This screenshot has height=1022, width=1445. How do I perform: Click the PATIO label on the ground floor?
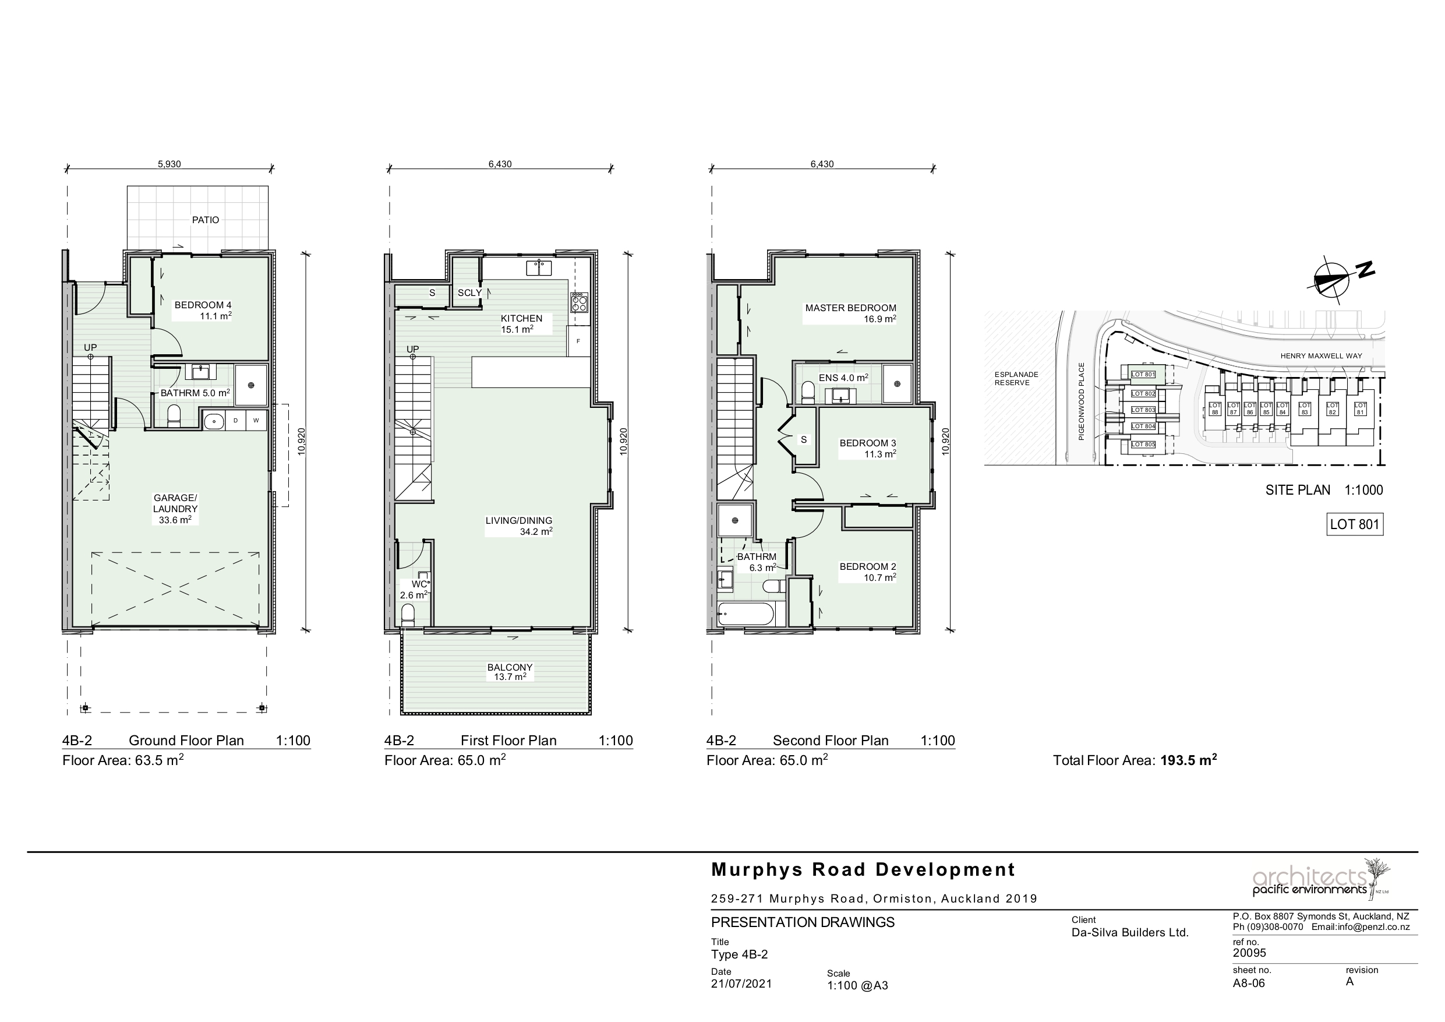[x=206, y=220]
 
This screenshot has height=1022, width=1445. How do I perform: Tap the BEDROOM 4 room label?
[x=203, y=311]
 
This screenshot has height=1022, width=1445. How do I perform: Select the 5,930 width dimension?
[x=169, y=164]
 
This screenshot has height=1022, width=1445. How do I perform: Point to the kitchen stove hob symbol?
[x=579, y=303]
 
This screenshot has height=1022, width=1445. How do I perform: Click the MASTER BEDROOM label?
[x=850, y=313]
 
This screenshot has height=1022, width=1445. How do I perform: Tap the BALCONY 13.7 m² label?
[x=510, y=672]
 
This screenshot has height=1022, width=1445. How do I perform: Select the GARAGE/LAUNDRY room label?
[x=175, y=509]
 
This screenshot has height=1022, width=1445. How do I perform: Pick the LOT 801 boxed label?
[x=1354, y=524]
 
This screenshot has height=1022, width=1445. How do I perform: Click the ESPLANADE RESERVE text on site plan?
[x=1016, y=379]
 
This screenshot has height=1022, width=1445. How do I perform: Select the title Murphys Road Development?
[x=863, y=869]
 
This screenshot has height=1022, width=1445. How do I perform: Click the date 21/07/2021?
[x=741, y=984]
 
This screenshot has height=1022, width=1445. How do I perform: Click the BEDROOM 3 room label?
[x=867, y=448]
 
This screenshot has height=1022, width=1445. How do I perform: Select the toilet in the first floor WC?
[x=408, y=615]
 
